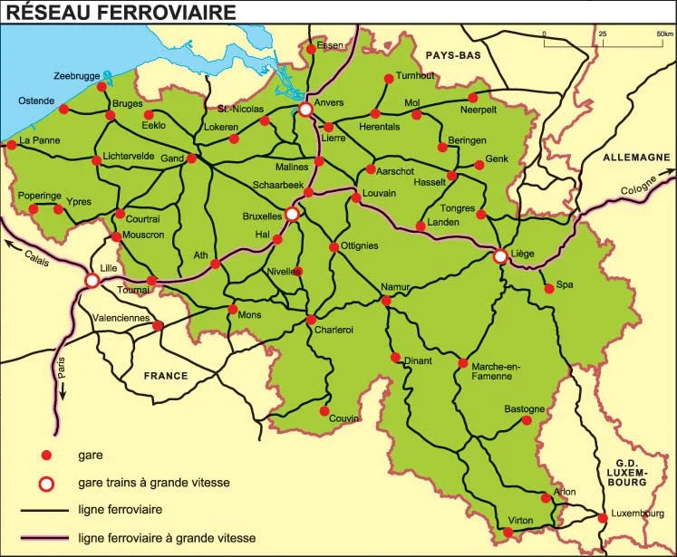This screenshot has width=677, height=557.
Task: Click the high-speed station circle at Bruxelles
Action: [x=292, y=215]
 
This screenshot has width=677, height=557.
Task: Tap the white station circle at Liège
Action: [x=500, y=257]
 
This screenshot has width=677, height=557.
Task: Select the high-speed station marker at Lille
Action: [x=92, y=281]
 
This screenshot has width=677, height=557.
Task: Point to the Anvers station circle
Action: [x=306, y=110]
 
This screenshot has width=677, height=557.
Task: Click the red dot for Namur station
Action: [x=386, y=301]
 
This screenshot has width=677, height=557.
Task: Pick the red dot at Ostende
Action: [x=63, y=110]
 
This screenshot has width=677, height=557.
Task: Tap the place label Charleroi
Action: [x=334, y=330]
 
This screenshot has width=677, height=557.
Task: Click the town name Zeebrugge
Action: [x=77, y=76]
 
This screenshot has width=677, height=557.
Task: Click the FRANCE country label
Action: [x=165, y=375]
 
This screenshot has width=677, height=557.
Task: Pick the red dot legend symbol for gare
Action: [x=49, y=455]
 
